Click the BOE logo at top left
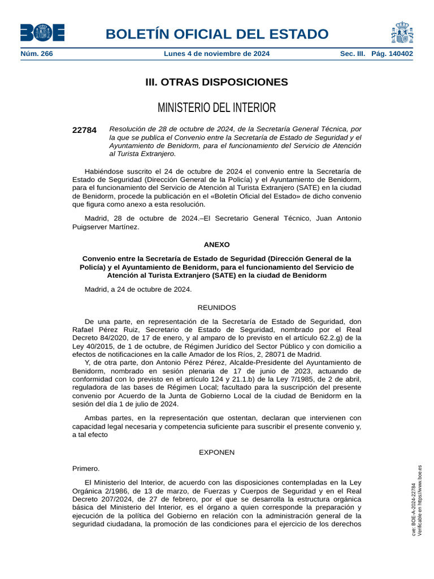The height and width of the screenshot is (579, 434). [42, 33]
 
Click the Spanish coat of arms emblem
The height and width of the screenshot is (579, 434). [402, 33]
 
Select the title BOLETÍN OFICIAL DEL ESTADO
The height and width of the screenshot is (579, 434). [216, 34]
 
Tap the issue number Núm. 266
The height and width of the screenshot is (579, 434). [37, 54]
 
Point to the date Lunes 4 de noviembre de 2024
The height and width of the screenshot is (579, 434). [216, 54]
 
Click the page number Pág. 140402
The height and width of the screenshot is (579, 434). [392, 54]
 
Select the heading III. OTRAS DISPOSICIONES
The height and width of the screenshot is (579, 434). [216, 82]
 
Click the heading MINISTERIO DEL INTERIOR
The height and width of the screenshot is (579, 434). [216, 107]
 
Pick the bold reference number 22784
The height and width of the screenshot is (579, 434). [84, 130]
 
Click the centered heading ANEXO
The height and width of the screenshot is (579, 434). [216, 245]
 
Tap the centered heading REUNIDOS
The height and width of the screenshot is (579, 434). [216, 308]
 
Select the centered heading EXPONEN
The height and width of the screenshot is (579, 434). [216, 452]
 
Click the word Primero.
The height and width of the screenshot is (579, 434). [86, 468]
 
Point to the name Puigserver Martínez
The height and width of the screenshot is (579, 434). [106, 227]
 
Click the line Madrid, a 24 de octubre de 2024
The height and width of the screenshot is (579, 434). [138, 289]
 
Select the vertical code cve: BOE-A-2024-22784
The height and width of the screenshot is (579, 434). [413, 509]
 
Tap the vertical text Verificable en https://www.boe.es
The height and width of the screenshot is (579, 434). [420, 500]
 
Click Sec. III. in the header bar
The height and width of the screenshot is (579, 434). [353, 54]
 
